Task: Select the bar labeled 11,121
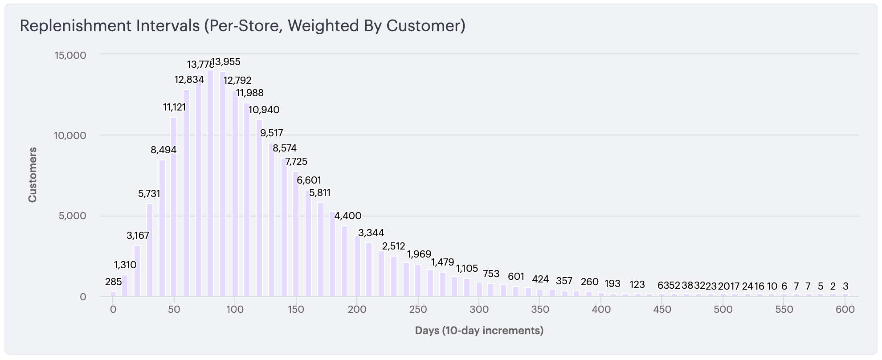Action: tap(174, 207)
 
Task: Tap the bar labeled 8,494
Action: tap(162, 228)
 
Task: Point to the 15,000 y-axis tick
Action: tap(70, 55)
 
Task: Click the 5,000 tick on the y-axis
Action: tap(72, 216)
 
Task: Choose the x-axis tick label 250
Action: tap(418, 310)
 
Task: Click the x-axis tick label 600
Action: tap(845, 310)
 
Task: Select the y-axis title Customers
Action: tap(33, 175)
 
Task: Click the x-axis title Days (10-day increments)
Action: tap(479, 331)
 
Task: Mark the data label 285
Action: tap(113, 282)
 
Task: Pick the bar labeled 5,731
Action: tap(150, 250)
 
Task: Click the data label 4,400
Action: tap(348, 216)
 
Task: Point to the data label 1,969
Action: tap(419, 254)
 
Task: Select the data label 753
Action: tap(491, 274)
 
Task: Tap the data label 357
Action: tap(564, 281)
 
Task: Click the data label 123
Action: tap(637, 285)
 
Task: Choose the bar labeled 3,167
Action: tap(137, 271)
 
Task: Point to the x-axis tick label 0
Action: tap(113, 310)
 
